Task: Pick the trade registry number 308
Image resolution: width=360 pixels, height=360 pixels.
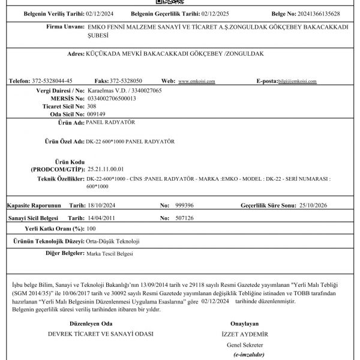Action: pyautogui.click(x=92, y=106)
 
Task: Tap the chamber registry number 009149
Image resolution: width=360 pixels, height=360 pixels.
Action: pyautogui.click(x=96, y=113)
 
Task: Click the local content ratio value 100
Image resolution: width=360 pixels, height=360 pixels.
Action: pyautogui.click(x=91, y=229)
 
